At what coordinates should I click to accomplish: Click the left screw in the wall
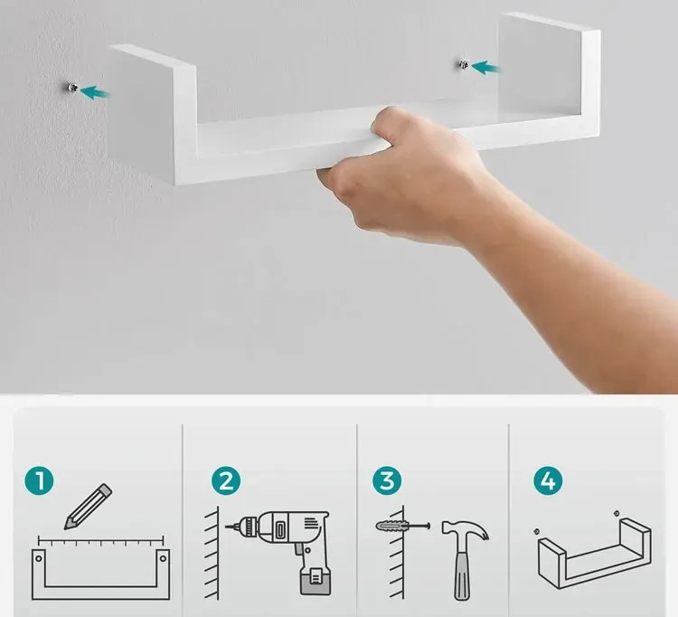72,88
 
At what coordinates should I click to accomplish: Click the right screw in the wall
463,65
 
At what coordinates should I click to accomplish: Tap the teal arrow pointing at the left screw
94,92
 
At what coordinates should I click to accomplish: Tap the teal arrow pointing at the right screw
485,68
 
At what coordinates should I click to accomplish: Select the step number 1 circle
40,480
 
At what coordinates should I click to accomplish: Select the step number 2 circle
226,480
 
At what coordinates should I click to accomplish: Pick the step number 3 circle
387,480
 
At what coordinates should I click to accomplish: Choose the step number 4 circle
548,480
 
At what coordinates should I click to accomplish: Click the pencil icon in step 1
89,507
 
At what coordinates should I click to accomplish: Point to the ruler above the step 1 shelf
100,541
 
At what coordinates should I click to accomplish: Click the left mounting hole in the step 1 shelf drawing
39,558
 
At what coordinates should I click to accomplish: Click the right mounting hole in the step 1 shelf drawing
163,558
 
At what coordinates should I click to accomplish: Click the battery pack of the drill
315,580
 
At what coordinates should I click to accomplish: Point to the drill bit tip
227,527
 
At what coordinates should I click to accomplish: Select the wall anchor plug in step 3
391,527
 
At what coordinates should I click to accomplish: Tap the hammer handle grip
462,575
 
